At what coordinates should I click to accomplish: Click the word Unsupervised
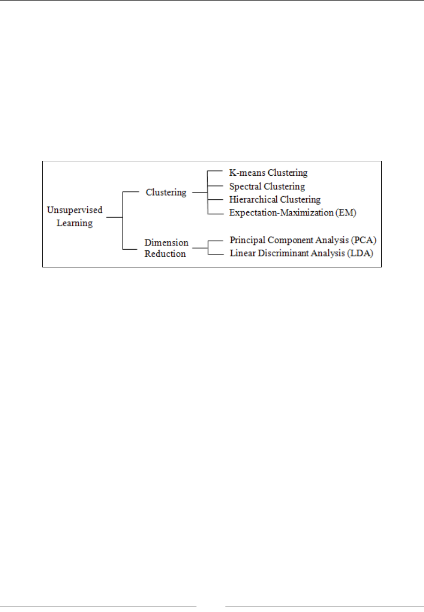[x=74, y=210]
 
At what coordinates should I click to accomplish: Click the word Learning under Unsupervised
[x=74, y=223]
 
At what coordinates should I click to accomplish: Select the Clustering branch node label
[x=166, y=191]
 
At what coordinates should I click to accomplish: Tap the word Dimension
[x=166, y=242]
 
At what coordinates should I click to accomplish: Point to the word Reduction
[x=165, y=253]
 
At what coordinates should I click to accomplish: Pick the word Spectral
[x=244, y=186]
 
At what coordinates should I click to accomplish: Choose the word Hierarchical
[x=253, y=199]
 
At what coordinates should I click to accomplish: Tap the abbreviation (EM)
[x=347, y=213]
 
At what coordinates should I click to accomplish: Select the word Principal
[x=246, y=239]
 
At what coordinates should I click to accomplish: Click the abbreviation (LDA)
[x=361, y=252]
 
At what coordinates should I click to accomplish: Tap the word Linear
[x=241, y=252]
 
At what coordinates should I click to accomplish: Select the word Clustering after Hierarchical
[x=301, y=199]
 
